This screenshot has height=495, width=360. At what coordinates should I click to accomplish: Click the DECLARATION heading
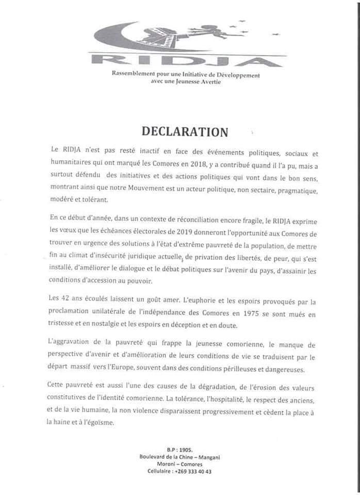tap(184, 131)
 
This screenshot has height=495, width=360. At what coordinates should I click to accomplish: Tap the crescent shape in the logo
tap(111, 39)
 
